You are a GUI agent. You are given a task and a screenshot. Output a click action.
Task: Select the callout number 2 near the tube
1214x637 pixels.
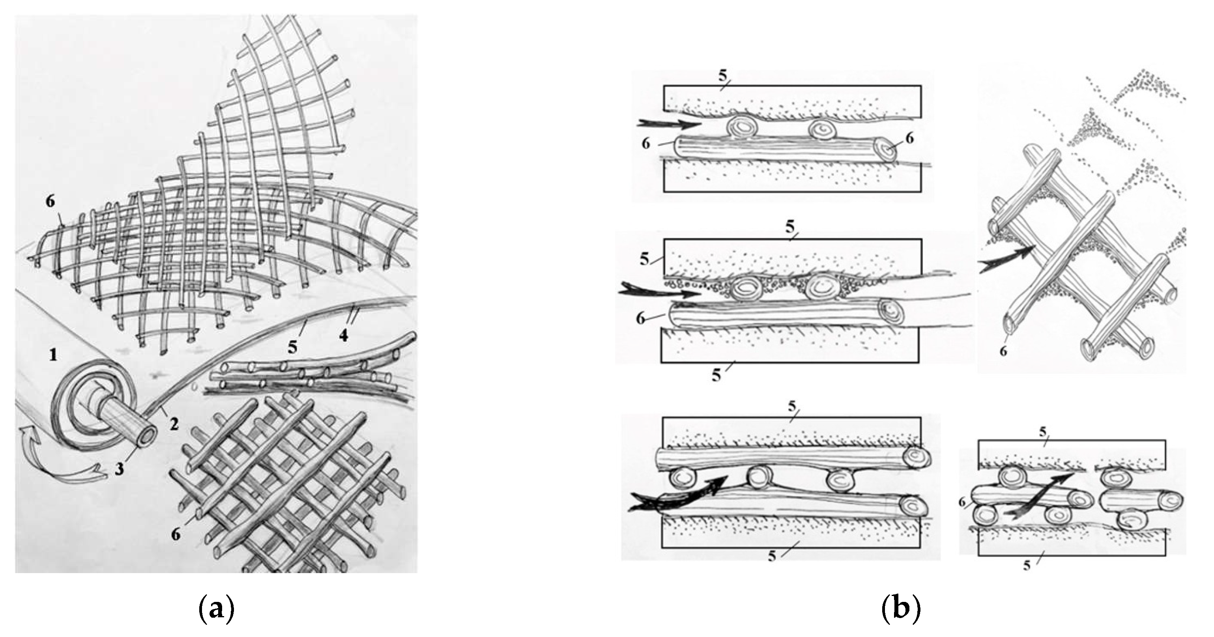(174, 424)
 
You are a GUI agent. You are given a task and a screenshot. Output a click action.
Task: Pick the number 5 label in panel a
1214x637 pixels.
(293, 347)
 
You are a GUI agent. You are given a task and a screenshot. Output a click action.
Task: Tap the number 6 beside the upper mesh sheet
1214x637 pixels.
(50, 201)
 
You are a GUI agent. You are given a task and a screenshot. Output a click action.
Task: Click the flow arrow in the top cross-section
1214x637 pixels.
(668, 124)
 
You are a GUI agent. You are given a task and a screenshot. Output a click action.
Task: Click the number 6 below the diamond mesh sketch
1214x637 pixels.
(1003, 351)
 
